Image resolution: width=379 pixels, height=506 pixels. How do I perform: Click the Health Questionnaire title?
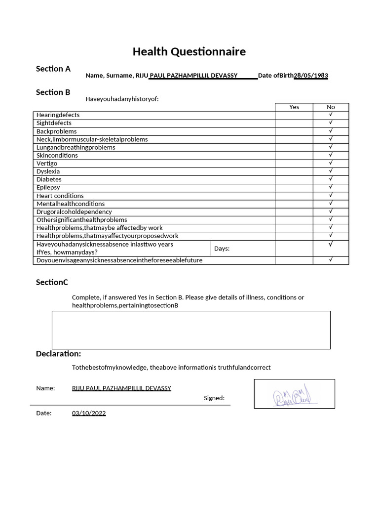[x=189, y=52]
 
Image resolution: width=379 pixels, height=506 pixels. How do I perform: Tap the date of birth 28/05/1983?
[x=311, y=76]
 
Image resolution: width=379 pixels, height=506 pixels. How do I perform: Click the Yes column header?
[x=294, y=107]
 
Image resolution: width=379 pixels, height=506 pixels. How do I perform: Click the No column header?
[x=331, y=107]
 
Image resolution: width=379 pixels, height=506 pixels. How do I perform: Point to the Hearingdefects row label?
[x=58, y=115]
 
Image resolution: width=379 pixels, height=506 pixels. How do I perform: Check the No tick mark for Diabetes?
[x=331, y=179]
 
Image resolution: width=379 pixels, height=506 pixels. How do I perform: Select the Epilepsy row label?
[x=48, y=188]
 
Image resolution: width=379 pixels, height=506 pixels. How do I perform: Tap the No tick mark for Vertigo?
[x=331, y=163]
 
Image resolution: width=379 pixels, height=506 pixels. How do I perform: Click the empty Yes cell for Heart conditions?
[x=294, y=196]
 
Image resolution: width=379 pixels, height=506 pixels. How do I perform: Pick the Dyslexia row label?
[x=48, y=171]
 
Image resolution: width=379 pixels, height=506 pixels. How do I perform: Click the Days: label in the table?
[x=222, y=249]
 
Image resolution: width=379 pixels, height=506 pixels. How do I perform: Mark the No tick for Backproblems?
[x=331, y=131]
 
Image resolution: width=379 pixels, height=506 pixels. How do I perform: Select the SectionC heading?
[x=52, y=282]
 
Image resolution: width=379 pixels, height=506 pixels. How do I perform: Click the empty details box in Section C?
[x=191, y=330]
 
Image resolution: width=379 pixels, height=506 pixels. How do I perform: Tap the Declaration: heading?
[x=58, y=354]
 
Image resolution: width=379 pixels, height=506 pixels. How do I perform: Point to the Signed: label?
[x=214, y=398]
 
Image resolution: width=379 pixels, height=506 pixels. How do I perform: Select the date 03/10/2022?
[x=89, y=413]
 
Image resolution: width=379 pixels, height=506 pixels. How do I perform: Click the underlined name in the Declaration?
[x=121, y=388]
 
